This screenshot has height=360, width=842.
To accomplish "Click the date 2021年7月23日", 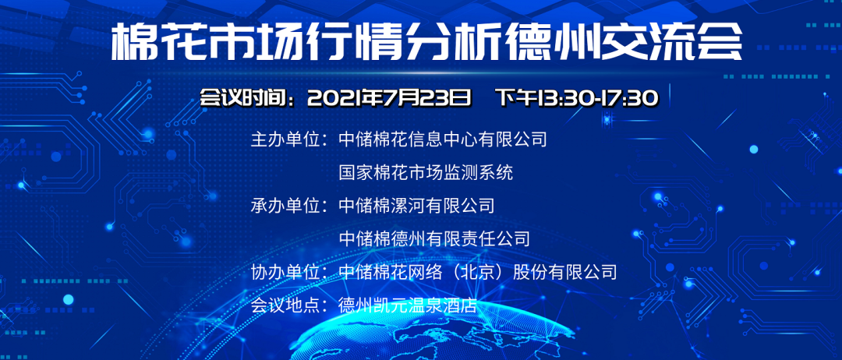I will (x=389, y=98).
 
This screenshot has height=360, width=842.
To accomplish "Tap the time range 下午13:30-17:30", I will (x=578, y=98).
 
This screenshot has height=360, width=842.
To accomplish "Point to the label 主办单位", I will (x=285, y=140).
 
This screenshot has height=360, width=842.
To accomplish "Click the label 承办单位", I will (x=285, y=206).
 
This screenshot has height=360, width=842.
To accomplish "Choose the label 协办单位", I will (x=285, y=272).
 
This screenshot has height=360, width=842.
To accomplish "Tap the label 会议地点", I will (x=285, y=305).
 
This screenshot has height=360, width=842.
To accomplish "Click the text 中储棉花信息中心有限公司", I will (x=443, y=140).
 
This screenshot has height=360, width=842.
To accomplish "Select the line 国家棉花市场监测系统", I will (x=426, y=173).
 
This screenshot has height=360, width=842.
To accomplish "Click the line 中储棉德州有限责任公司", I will (x=434, y=239).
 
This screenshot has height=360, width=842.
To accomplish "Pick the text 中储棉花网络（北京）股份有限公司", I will (x=477, y=272).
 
